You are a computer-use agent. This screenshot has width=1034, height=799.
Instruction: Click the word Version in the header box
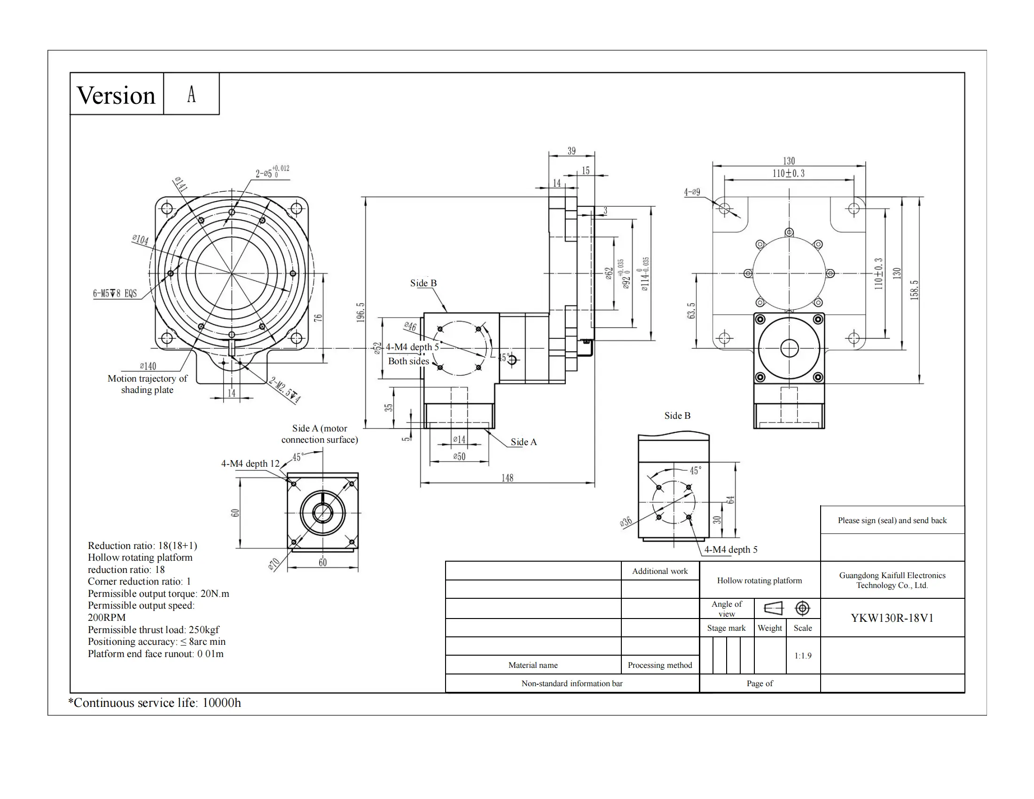pyautogui.click(x=116, y=95)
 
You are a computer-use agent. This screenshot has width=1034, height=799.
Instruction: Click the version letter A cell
pyautogui.click(x=191, y=94)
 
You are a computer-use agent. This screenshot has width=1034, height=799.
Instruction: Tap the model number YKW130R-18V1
pyautogui.click(x=892, y=618)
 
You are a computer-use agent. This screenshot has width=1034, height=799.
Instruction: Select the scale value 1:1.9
pyautogui.click(x=802, y=656)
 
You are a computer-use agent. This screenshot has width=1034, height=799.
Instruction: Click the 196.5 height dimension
pyautogui.click(x=361, y=313)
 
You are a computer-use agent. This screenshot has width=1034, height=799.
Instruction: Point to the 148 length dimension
pyautogui.click(x=507, y=478)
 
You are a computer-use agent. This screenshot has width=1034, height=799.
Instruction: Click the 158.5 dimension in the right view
pyautogui.click(x=914, y=290)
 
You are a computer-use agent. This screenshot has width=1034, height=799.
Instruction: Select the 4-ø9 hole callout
pyautogui.click(x=692, y=192)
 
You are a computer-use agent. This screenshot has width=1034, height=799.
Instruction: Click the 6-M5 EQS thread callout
pyautogui.click(x=115, y=293)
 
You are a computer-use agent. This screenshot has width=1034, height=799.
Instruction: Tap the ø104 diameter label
pyautogui.click(x=140, y=240)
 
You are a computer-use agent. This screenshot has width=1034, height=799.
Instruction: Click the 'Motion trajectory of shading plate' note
pyautogui.click(x=147, y=384)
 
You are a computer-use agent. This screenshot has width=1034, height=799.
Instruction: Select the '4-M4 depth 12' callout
pyautogui.click(x=251, y=463)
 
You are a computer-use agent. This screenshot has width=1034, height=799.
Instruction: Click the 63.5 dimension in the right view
pyautogui.click(x=692, y=311)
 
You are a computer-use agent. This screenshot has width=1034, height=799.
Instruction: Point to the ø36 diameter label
pyautogui.click(x=626, y=522)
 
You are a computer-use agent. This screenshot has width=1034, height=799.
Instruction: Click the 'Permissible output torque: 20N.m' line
pyautogui.click(x=158, y=594)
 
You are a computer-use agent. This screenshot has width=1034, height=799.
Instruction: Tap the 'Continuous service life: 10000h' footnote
pyautogui.click(x=155, y=703)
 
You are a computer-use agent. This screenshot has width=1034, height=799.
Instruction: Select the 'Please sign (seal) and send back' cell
pyautogui.click(x=892, y=520)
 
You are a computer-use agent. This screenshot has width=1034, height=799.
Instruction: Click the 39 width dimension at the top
pyautogui.click(x=572, y=151)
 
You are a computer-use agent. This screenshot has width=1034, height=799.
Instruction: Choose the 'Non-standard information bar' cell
pyautogui.click(x=572, y=683)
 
